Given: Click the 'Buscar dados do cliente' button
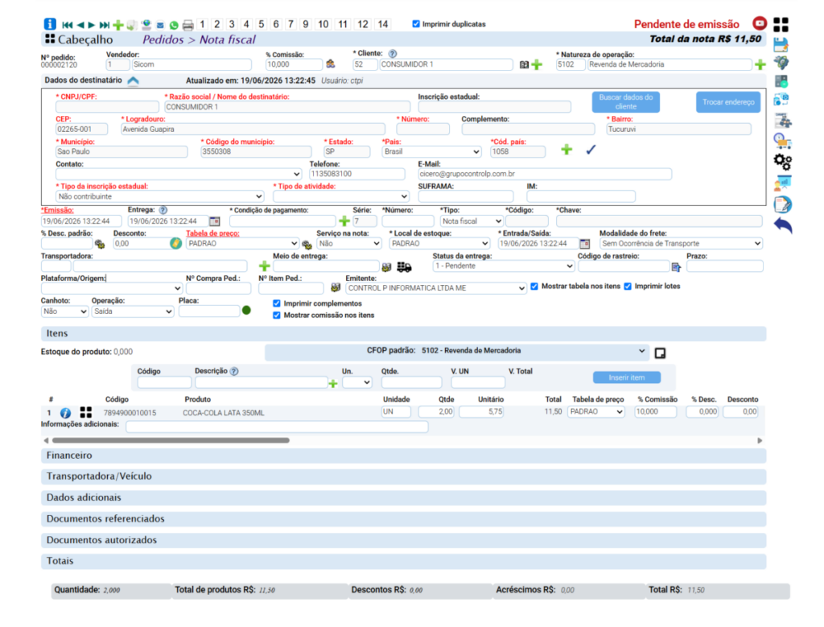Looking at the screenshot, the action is tap(625, 102).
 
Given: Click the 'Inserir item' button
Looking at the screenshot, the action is tap(626, 377).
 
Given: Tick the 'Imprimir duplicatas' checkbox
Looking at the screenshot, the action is tap(416, 23).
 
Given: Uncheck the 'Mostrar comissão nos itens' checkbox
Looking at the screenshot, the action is tap(277, 316).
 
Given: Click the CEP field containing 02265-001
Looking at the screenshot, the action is tap(81, 130).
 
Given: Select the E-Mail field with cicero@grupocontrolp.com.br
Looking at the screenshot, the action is tap(545, 174).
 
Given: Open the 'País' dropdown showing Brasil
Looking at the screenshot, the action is tap(431, 151).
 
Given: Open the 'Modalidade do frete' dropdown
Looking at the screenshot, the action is tap(681, 243).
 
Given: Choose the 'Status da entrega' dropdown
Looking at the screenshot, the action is tap(504, 266).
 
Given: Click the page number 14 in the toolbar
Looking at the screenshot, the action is tap(382, 24).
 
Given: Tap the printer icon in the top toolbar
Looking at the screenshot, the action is tap(187, 25).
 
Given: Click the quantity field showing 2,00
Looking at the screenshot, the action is tap(437, 412).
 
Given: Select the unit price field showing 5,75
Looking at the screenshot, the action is tap(481, 412).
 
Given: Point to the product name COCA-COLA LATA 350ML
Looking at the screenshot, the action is tap(224, 413).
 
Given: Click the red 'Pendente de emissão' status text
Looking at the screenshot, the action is tap(686, 24).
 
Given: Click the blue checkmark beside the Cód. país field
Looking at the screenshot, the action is tap(591, 150).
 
